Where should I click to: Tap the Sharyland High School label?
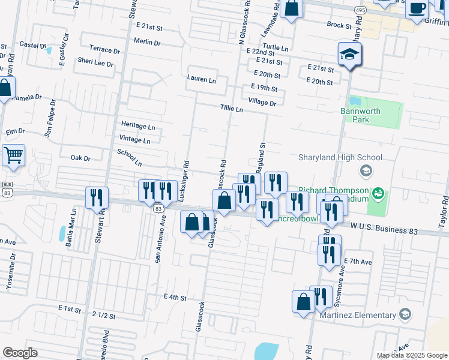pyautogui.click(x=340, y=158)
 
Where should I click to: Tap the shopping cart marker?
pyautogui.click(x=13, y=155)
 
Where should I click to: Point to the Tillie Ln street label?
pyautogui.click(x=231, y=109)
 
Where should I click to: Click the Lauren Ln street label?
pyautogui.click(x=201, y=79)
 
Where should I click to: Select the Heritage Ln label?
pyautogui.click(x=137, y=126)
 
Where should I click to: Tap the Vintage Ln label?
pyautogui.click(x=135, y=140)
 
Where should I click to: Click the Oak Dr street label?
pyautogui.click(x=80, y=158)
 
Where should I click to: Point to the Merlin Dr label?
pyautogui.click(x=147, y=43)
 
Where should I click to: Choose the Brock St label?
pyautogui.click(x=339, y=25)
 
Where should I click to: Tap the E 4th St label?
pyautogui.click(x=175, y=297)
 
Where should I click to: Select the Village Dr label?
pyautogui.click(x=262, y=103)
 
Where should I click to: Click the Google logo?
pyautogui.click(x=20, y=353)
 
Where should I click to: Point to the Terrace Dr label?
pyautogui.click(x=104, y=49)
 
